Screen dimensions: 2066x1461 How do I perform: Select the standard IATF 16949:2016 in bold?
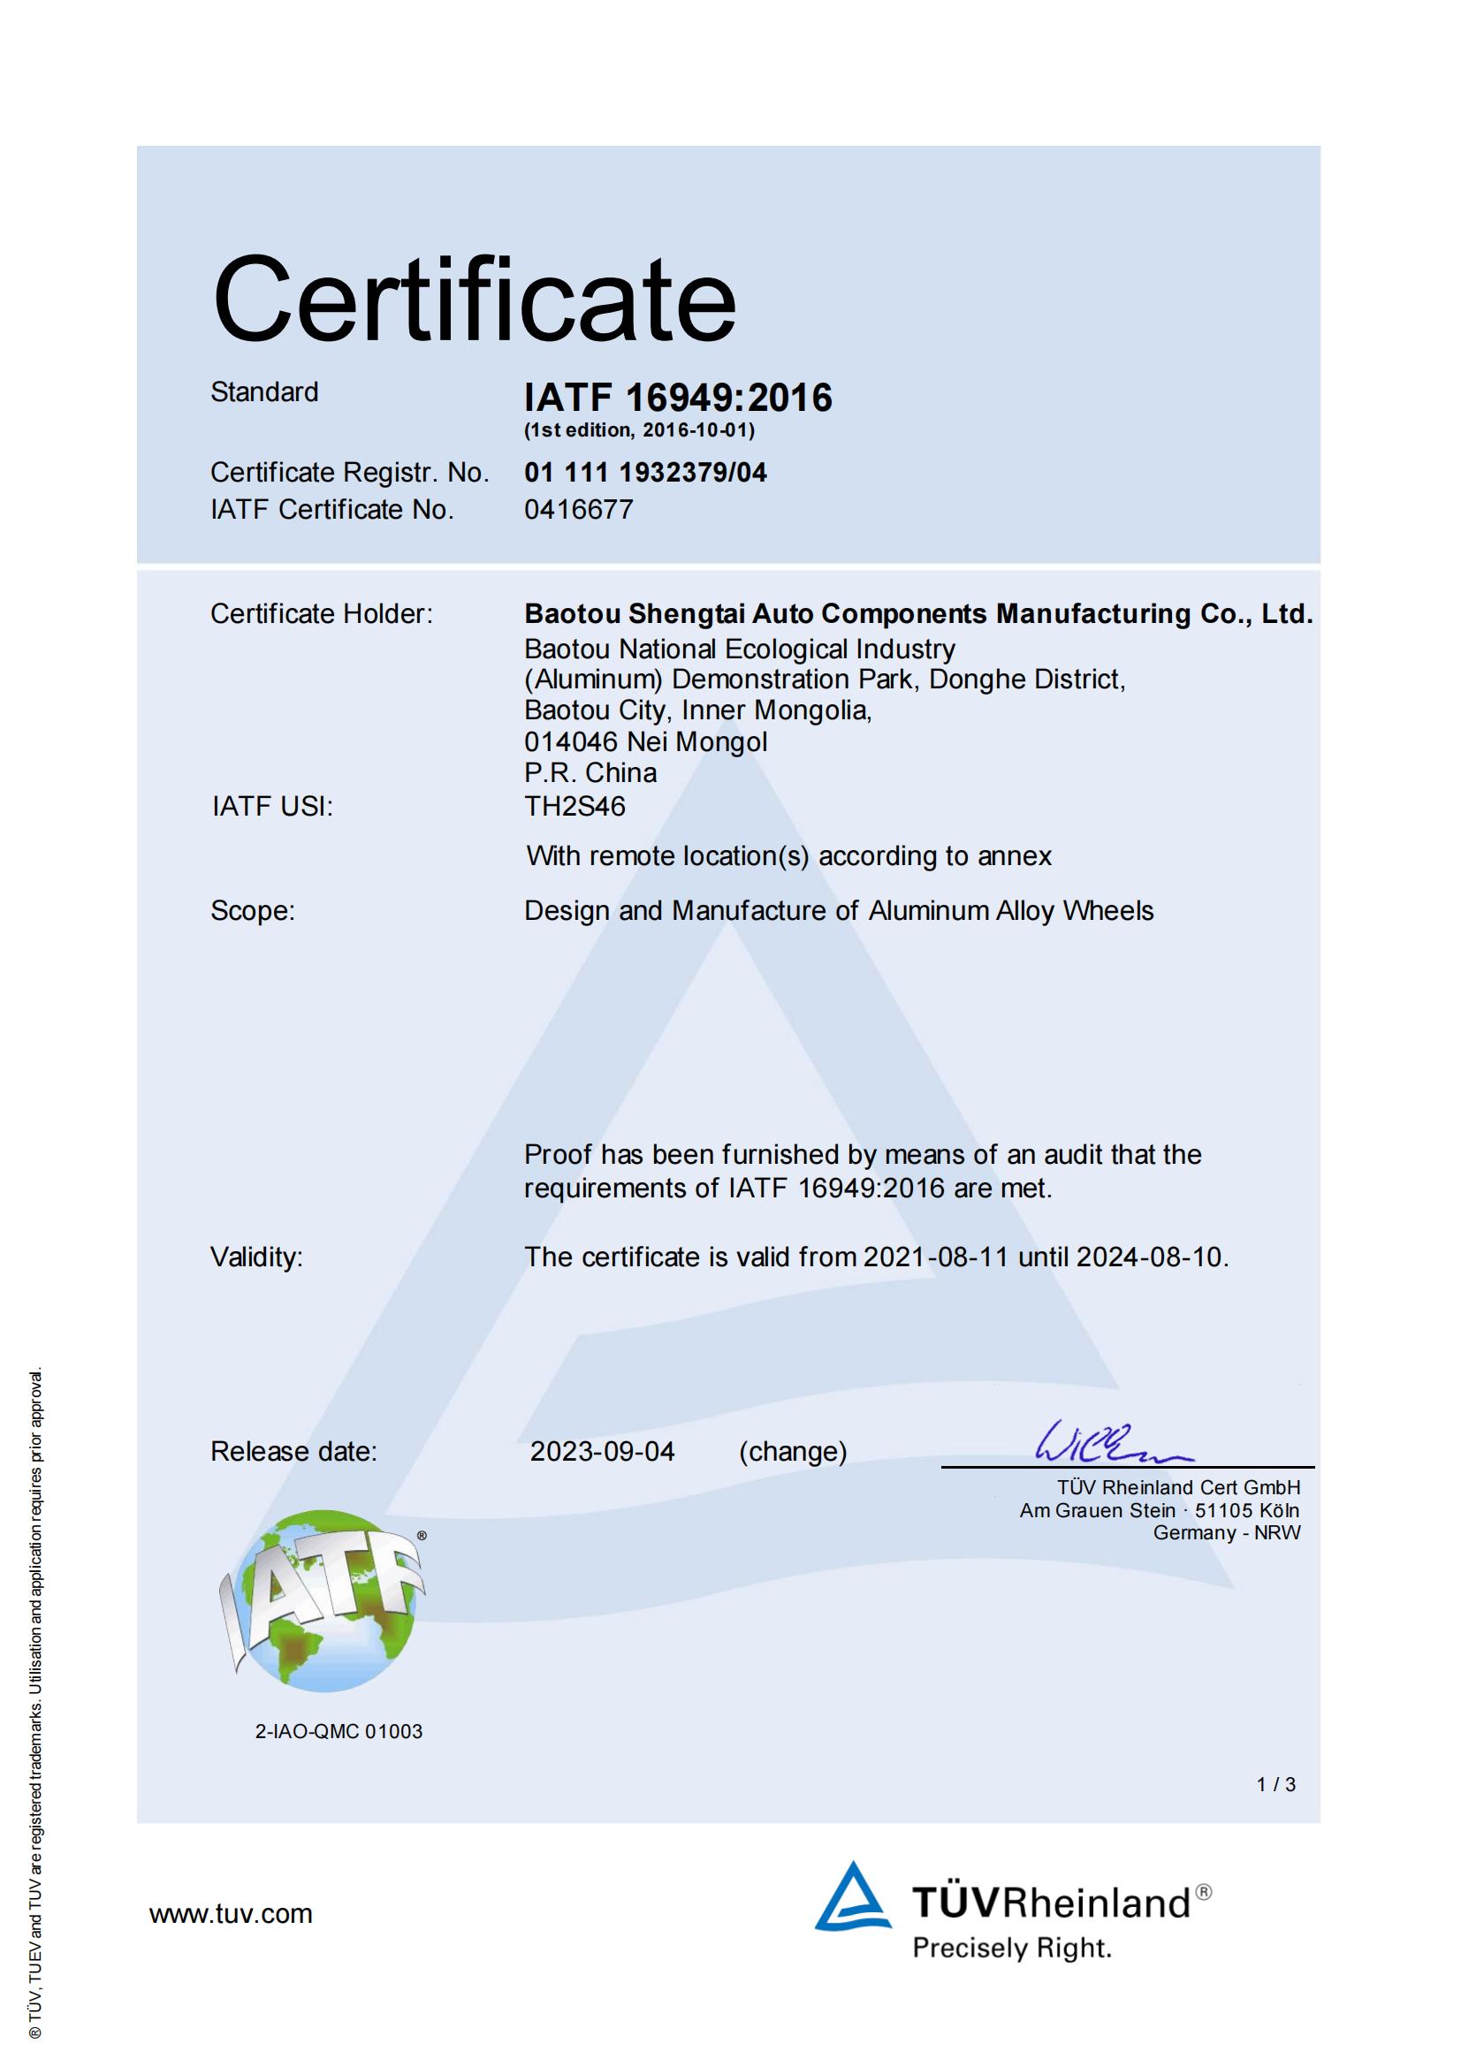point(678,398)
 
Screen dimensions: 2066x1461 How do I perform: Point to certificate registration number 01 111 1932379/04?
point(645,473)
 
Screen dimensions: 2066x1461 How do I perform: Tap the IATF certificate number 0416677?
point(579,509)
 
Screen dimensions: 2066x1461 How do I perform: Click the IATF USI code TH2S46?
point(575,806)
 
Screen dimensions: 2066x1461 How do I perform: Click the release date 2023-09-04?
point(602,1452)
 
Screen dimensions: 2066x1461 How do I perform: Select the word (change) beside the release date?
point(792,1452)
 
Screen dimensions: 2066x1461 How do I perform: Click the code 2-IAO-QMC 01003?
point(339,1731)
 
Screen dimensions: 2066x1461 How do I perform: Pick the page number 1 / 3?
point(1275,1784)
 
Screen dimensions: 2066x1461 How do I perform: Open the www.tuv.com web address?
point(231,1914)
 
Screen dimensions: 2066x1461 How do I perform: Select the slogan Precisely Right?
point(1012,1949)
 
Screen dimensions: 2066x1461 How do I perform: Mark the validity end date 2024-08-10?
point(1151,1257)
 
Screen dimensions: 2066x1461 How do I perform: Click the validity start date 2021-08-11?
point(935,1257)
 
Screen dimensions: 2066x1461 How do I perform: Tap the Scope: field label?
point(253,911)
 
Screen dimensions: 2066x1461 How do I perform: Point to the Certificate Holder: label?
point(322,613)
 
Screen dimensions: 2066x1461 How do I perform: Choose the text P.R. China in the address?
point(590,773)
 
